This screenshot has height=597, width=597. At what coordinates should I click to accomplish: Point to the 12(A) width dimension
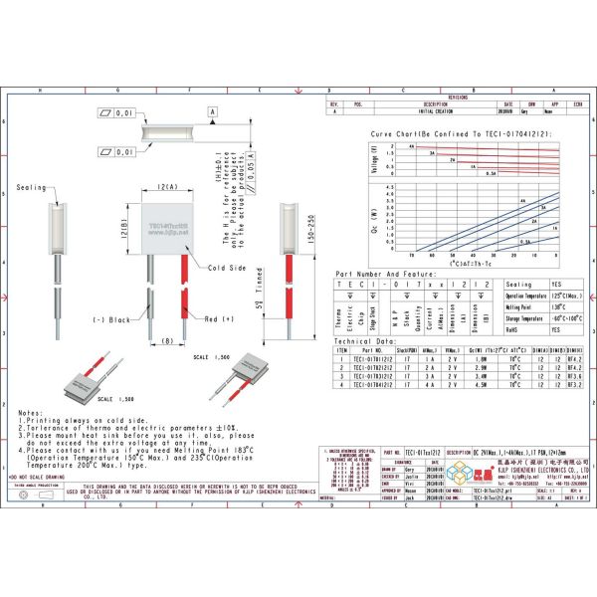[x=167, y=186]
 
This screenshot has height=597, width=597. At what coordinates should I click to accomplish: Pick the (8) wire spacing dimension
[x=166, y=339]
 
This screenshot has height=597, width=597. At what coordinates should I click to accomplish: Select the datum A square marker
[x=212, y=114]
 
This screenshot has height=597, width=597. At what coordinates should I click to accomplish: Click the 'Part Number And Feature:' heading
[x=385, y=273]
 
